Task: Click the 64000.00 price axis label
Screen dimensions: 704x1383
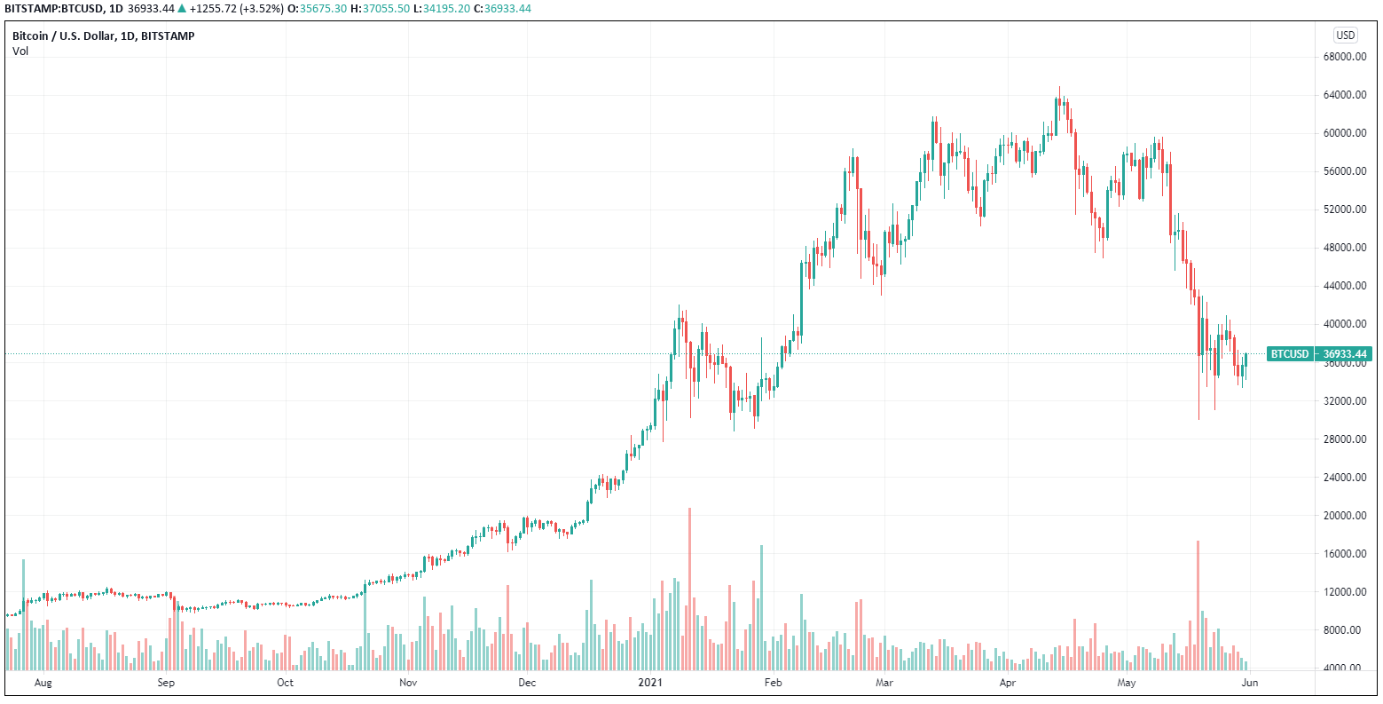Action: (x=1342, y=95)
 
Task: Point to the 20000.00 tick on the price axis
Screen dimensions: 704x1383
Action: (x=1342, y=516)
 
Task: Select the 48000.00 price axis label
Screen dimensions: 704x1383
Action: (x=1342, y=248)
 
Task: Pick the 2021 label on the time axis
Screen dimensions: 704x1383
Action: (x=651, y=683)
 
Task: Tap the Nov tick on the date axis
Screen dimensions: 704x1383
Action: (x=407, y=683)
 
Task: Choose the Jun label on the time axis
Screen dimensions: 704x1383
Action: (x=1249, y=683)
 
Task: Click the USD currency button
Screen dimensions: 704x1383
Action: (x=1345, y=36)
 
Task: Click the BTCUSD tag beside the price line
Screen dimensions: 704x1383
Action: (x=1290, y=354)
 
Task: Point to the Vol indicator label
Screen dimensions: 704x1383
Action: (x=20, y=51)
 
